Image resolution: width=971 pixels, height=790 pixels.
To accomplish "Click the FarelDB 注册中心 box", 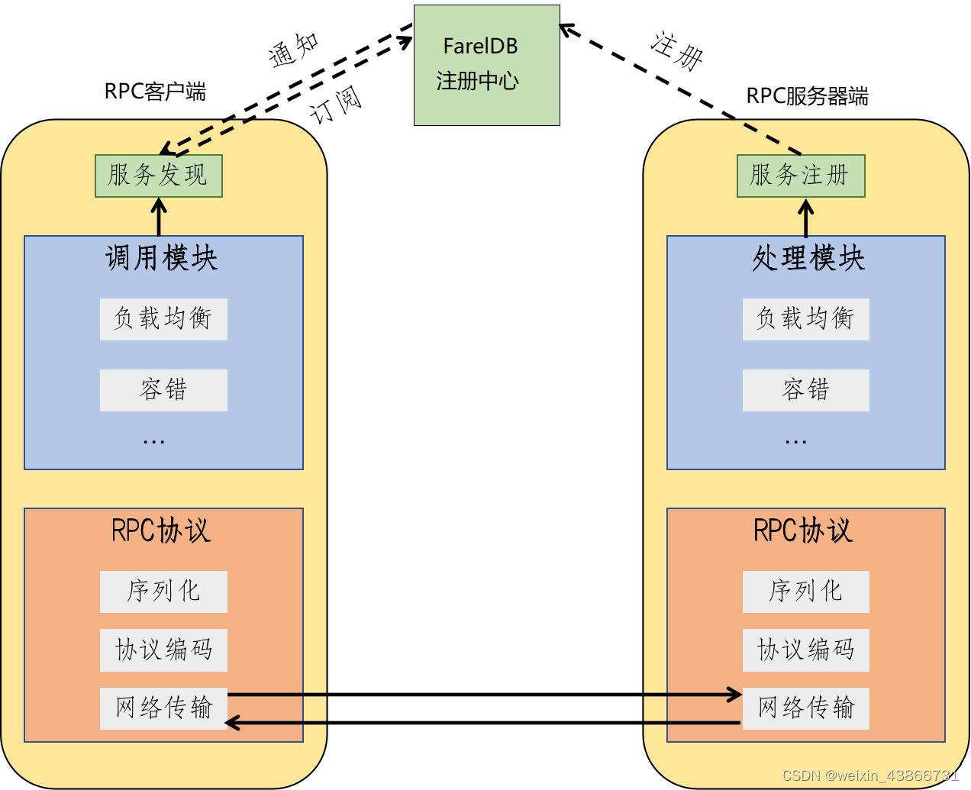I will pos(486,65).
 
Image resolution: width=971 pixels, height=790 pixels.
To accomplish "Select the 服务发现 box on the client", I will pos(158,176).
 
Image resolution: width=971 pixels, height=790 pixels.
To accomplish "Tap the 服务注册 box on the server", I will pos(801,176).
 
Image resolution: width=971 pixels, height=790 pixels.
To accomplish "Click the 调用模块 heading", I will pos(162,258).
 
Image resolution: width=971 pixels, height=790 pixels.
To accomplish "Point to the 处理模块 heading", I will pos(808,258).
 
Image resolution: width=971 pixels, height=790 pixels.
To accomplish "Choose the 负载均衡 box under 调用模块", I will pos(163,319).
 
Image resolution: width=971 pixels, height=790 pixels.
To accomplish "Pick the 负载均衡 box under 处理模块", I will pos(805,319).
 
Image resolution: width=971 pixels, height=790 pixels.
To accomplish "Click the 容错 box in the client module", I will pos(163,390).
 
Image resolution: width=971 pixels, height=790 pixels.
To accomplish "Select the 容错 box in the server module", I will pos(805,390).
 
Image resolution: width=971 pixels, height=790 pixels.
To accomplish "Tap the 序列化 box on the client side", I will pos(163,592).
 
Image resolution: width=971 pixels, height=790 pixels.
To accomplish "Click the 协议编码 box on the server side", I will pos(805,650).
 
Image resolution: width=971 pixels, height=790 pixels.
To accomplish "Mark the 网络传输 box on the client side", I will pos(163,708).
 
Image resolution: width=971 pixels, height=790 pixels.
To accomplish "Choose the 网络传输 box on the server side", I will pos(805,708).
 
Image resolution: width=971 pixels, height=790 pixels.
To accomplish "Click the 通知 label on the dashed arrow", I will pos(294,50).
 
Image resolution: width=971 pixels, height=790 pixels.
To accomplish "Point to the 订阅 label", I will pos(336,105).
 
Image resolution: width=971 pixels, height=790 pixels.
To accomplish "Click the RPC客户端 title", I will pos(155,92).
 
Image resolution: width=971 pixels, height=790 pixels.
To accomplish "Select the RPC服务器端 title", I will pos(807,96).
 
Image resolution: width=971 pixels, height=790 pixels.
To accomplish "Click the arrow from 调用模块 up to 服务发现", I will pos(159,217).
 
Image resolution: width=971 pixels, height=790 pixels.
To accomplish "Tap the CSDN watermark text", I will pos(870,775).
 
